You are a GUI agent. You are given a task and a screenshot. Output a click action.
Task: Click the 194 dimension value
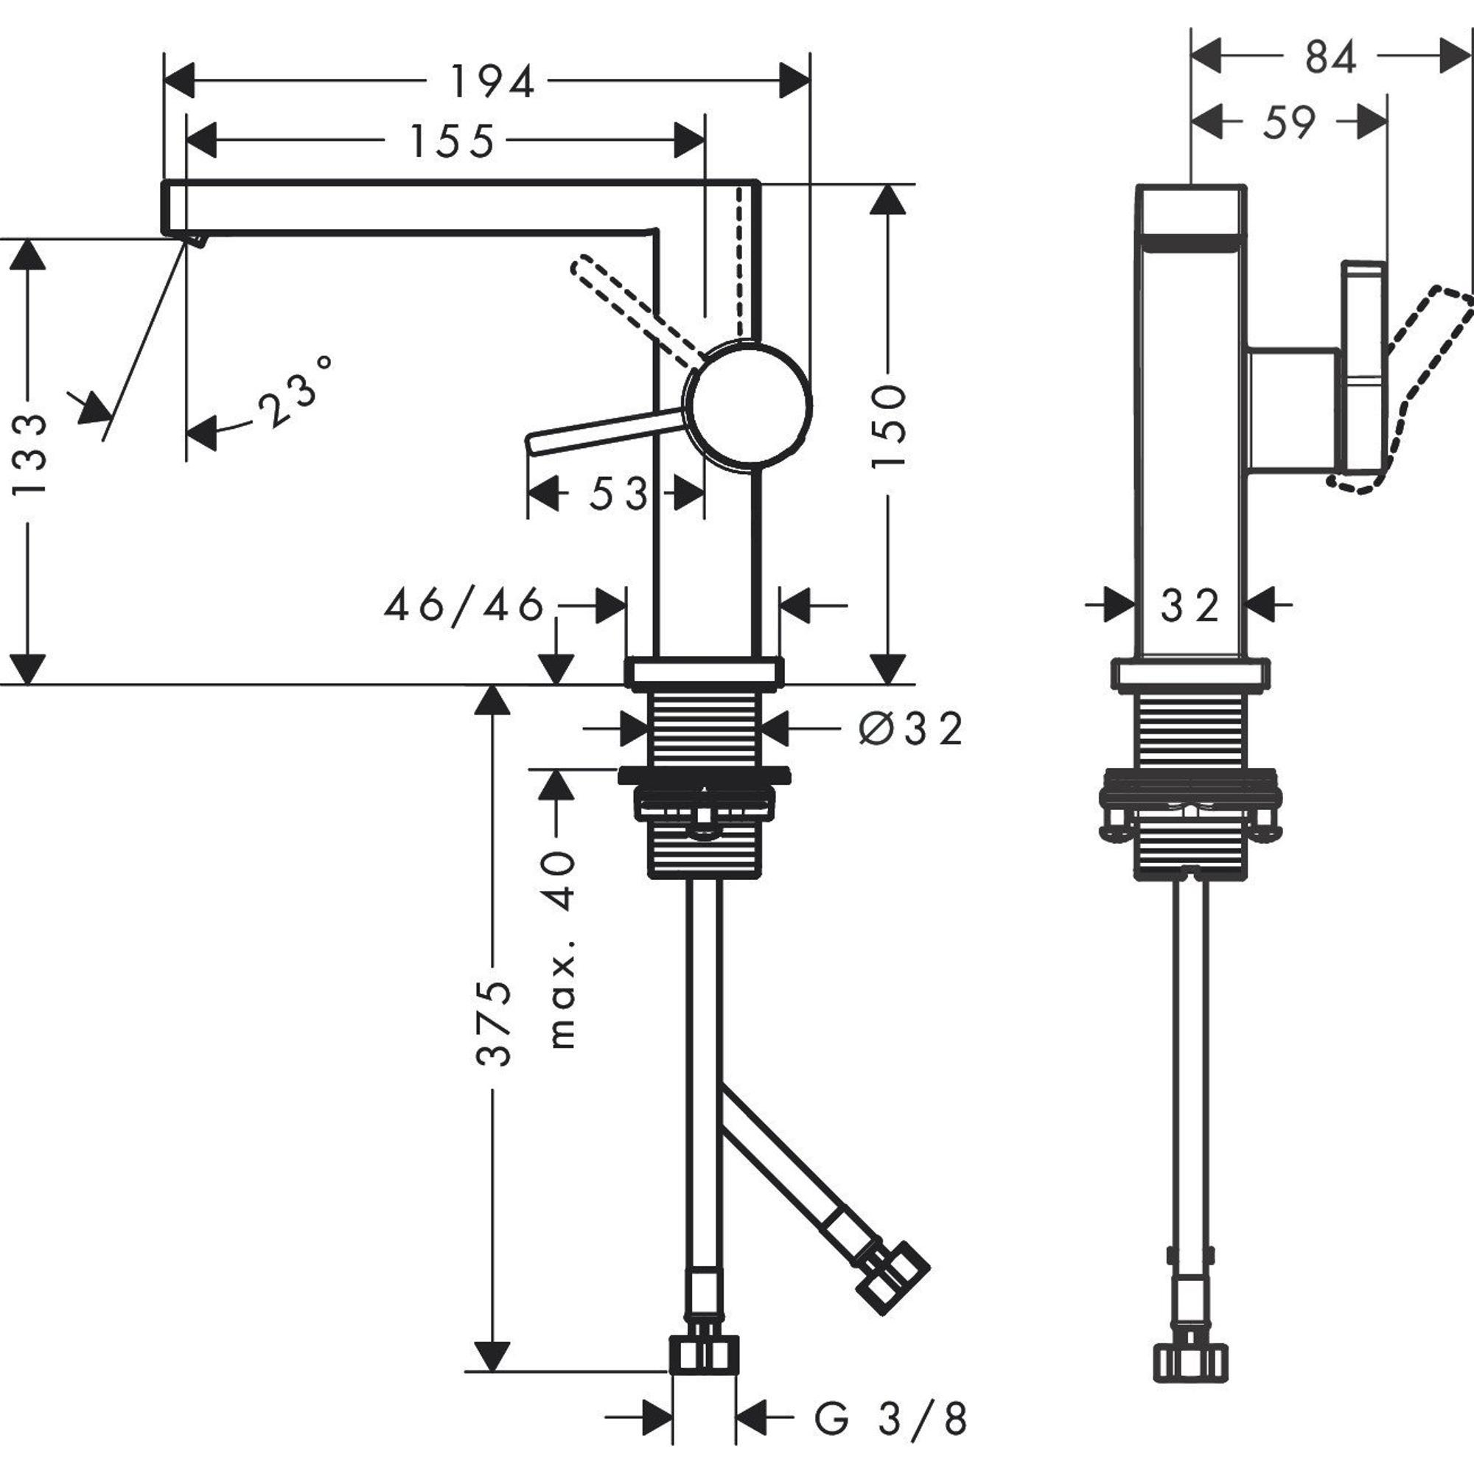(x=492, y=82)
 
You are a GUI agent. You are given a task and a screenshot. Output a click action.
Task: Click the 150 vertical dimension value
(x=888, y=427)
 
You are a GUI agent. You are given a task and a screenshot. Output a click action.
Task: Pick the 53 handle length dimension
(x=618, y=495)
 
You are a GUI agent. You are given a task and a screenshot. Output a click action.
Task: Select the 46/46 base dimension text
(x=464, y=607)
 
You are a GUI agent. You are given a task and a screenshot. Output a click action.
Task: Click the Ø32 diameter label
(x=911, y=730)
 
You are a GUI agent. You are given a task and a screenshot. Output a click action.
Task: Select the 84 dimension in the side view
(x=1330, y=58)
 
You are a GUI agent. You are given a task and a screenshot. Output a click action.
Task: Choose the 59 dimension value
(x=1289, y=123)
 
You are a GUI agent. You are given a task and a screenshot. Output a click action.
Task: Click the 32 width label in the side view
(x=1190, y=607)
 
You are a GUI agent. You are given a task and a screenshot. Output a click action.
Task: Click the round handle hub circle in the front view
(x=747, y=405)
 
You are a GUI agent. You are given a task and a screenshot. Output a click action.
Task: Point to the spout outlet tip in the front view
(x=194, y=240)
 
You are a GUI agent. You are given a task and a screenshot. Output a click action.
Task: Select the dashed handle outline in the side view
(x=1419, y=382)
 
